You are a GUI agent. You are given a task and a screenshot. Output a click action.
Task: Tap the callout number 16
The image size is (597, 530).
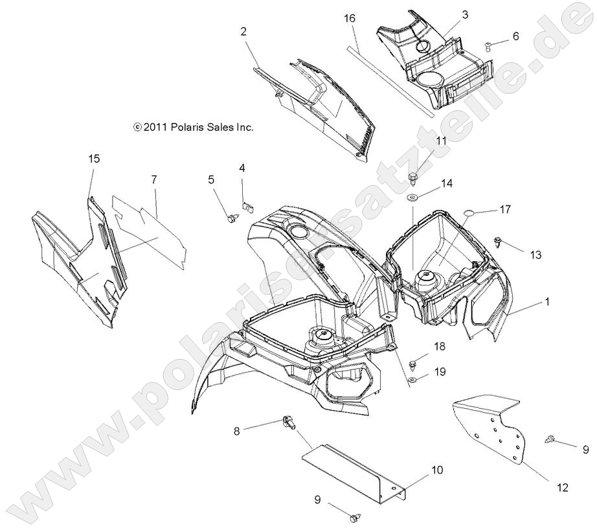click(x=350, y=20)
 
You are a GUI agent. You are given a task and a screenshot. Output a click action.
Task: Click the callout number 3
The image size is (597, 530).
click(x=465, y=14)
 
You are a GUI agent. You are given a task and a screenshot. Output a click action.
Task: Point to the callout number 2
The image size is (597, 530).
click(x=243, y=31)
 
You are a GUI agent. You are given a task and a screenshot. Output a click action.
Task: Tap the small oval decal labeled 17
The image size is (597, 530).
click(x=472, y=212)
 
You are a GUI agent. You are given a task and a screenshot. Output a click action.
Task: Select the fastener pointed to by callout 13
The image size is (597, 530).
click(x=497, y=242)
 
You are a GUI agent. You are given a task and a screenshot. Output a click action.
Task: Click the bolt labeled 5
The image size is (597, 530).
click(x=231, y=218)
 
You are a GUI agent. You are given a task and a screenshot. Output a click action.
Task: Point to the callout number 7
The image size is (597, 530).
click(x=154, y=179)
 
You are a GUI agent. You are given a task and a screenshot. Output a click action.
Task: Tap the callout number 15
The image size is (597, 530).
click(x=95, y=158)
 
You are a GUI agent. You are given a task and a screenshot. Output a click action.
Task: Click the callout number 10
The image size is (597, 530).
click(x=437, y=470)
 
